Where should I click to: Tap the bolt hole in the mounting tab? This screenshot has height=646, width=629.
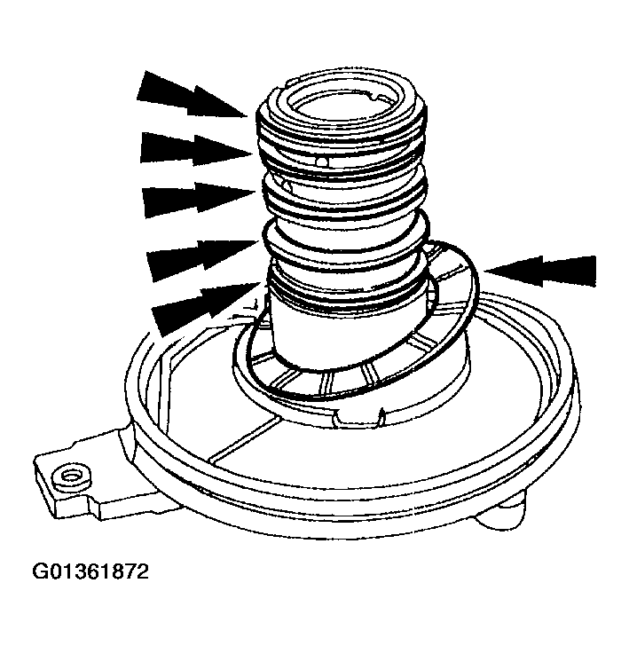coord(65,479)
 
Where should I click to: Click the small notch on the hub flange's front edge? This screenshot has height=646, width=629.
coord(380,412)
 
